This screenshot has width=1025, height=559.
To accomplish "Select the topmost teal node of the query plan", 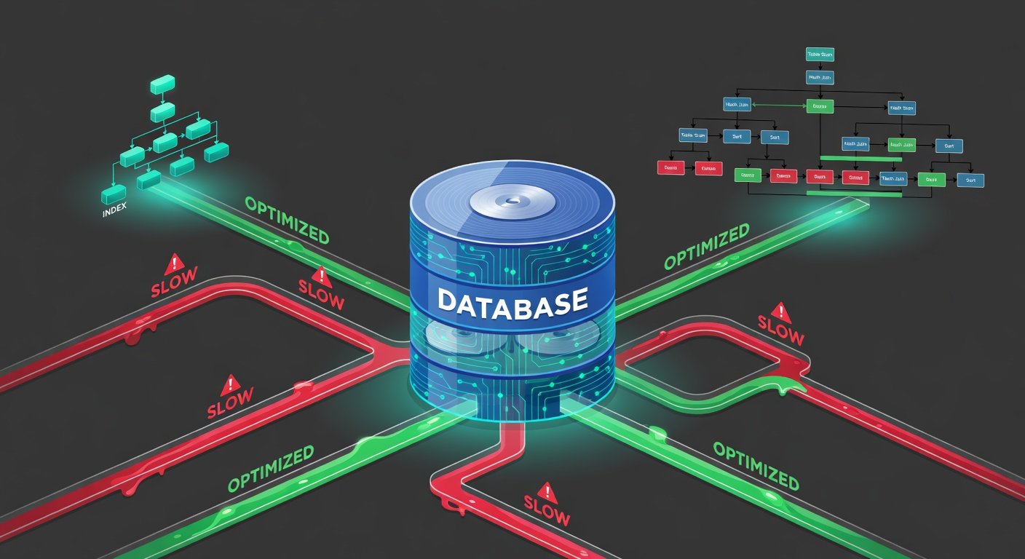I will (x=820, y=54).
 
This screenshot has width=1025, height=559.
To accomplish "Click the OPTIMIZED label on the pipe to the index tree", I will (x=287, y=220).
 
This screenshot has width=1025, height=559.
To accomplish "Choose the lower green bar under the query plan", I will (x=855, y=194).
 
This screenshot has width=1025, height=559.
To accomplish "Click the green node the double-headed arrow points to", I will (x=820, y=106).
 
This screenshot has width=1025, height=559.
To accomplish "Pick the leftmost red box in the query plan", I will (x=670, y=167).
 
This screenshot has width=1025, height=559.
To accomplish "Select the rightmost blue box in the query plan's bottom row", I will (x=970, y=179).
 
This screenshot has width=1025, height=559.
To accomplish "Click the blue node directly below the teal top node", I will (x=820, y=76).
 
